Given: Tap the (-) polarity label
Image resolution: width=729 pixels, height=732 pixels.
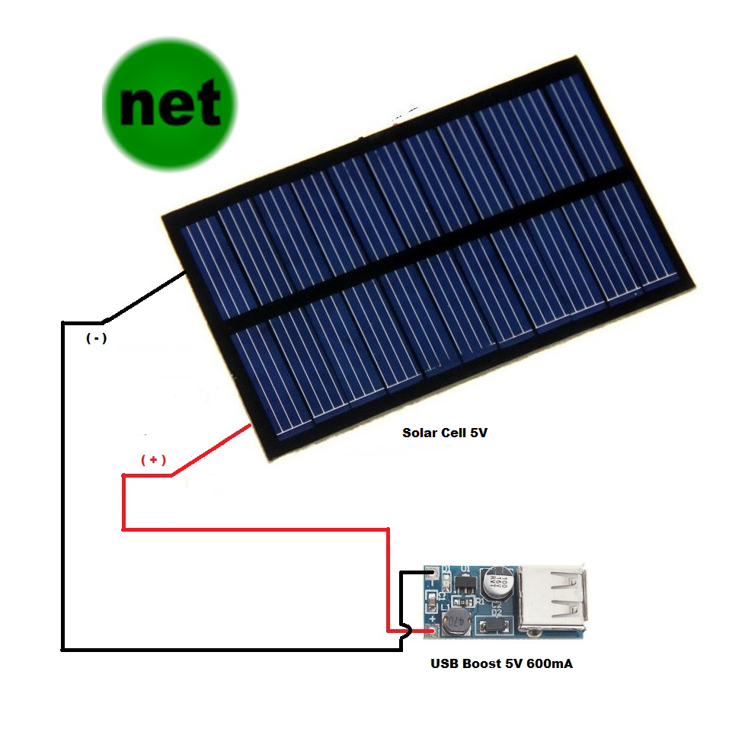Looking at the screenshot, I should (x=96, y=339).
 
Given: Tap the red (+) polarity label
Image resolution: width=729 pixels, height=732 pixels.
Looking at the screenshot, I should (x=153, y=460).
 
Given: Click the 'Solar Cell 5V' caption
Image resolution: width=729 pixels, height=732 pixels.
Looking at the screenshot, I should (x=444, y=433).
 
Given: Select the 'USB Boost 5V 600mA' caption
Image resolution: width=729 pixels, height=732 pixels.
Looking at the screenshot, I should (x=501, y=663).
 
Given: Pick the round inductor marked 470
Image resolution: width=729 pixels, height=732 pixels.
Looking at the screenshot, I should (x=456, y=622).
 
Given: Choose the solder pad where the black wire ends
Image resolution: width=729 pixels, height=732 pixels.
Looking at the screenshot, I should (x=432, y=571).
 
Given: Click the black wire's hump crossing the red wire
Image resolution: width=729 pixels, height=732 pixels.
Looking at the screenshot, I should (x=406, y=631).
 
